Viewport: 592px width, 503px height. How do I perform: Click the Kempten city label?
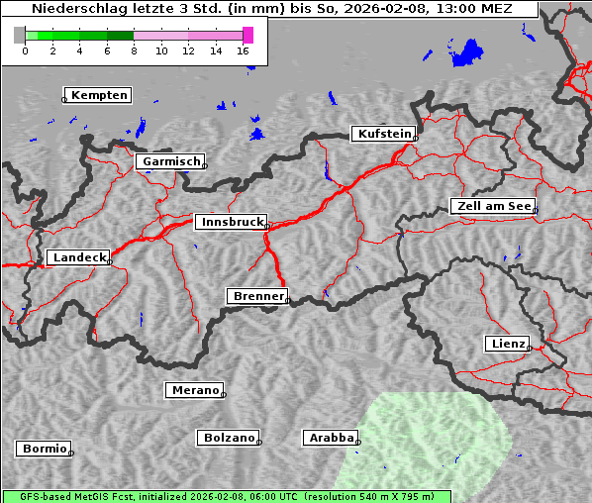(x=100, y=95)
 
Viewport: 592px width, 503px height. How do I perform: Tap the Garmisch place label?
(x=172, y=161)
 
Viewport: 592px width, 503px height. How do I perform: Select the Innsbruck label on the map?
(x=231, y=222)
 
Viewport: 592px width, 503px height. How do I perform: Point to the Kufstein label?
(x=384, y=134)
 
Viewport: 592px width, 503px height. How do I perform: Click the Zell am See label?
(x=493, y=206)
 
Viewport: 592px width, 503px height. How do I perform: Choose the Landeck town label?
(x=79, y=257)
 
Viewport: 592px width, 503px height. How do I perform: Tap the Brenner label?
(x=258, y=296)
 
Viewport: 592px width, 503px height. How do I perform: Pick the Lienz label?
(x=508, y=344)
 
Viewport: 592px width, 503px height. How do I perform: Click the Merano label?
(x=195, y=390)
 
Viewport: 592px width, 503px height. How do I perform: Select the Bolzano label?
(x=230, y=437)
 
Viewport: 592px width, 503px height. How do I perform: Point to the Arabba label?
(x=329, y=437)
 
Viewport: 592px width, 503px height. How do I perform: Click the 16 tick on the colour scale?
(x=244, y=50)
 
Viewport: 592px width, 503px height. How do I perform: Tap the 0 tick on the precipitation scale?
(x=25, y=50)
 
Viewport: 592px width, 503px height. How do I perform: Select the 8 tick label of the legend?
(x=134, y=50)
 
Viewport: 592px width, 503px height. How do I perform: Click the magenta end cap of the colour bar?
(x=247, y=35)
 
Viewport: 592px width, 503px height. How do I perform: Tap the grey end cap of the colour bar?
(x=19, y=35)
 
